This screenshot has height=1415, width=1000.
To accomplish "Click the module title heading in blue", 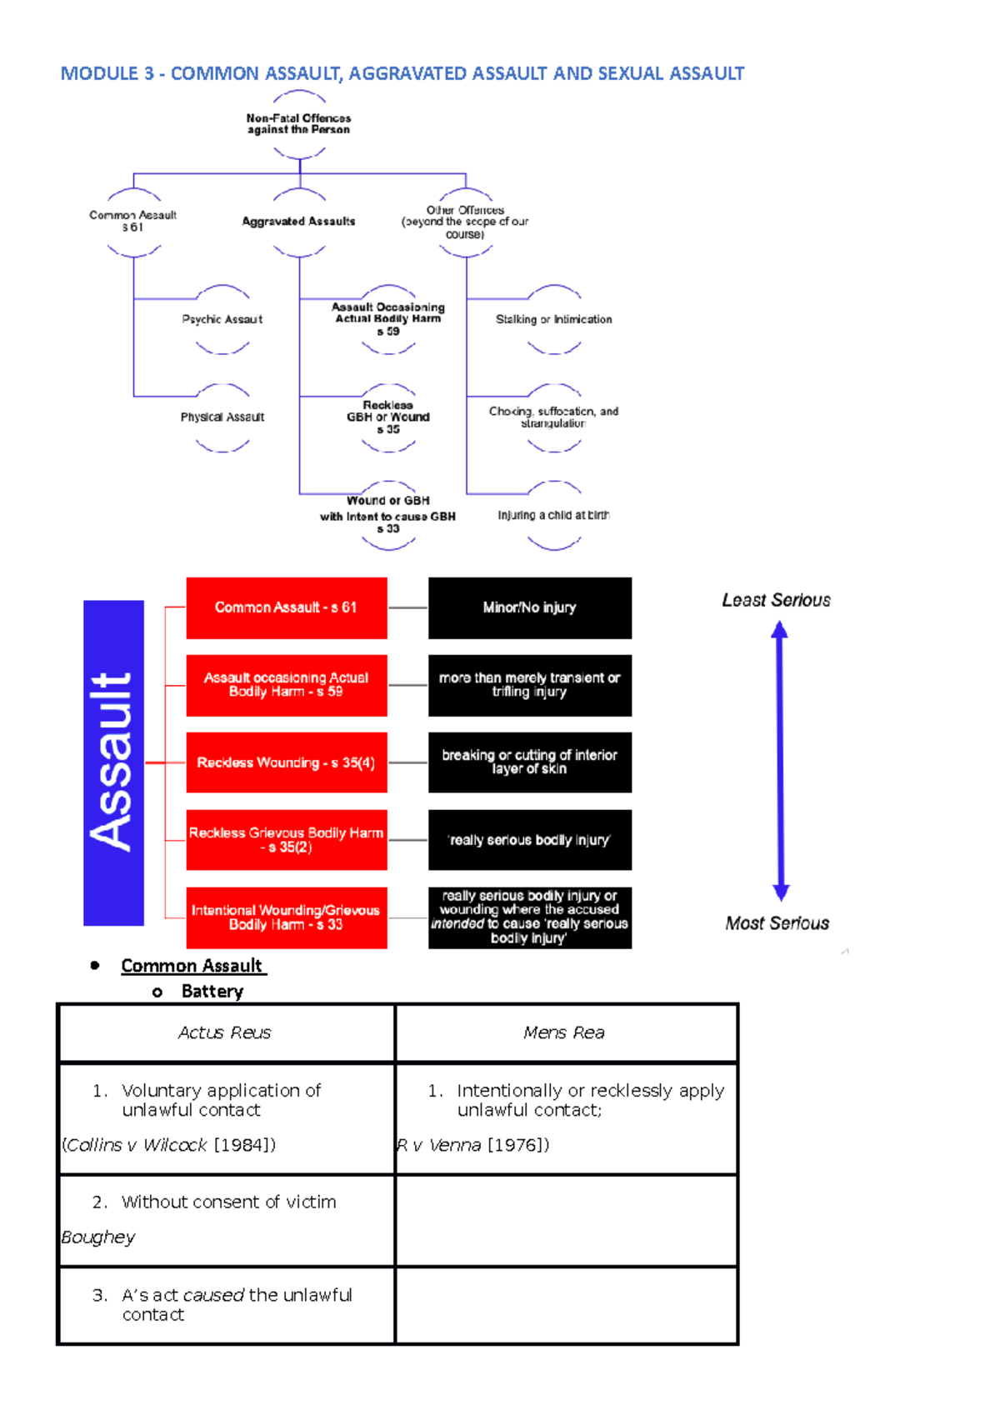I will pos(402,73).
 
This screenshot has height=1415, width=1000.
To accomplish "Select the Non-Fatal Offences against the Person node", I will pos(298,124).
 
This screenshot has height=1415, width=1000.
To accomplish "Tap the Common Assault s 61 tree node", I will pos(133,221).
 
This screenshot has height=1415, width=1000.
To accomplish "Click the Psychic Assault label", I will pos(222,319).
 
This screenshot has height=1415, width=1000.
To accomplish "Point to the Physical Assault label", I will pos(222,417).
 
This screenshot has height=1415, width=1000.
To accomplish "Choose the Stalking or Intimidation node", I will pos(553,319).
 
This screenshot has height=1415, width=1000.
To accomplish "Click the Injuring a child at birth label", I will pos(553,515).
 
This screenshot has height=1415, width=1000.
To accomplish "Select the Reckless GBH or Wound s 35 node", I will pos(388,417).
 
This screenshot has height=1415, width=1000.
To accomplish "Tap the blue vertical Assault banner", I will pos(113,762).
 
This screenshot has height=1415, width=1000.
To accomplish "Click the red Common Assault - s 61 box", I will pos(286,607).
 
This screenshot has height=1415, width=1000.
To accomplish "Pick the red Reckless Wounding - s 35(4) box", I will pos(286,762).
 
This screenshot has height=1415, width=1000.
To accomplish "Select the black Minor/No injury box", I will pos(529,607).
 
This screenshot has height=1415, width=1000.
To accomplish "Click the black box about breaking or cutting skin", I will pos(529,762).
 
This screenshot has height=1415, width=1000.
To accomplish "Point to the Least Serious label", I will pos(776,600).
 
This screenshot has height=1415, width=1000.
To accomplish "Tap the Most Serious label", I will pos(777,923).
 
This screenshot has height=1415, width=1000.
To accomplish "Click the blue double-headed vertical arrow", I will pos(780,761).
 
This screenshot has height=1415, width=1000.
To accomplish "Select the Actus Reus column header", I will pos(225,1032).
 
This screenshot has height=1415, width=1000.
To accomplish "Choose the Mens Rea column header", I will pos(564,1032).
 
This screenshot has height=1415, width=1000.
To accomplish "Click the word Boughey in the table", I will pos(98,1237).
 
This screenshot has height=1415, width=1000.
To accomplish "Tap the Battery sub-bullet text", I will pos(212,992).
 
